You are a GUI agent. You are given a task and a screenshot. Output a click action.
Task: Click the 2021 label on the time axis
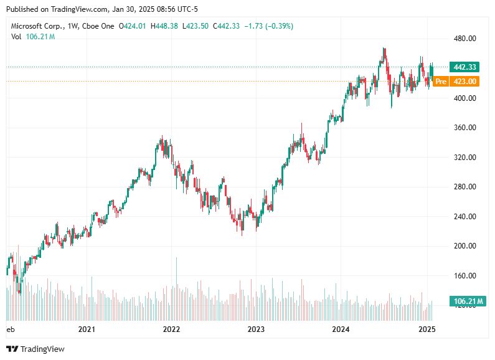tap(87, 328)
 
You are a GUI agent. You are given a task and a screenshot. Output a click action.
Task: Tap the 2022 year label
tap(171, 328)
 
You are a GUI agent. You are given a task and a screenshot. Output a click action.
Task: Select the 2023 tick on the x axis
tap(256, 328)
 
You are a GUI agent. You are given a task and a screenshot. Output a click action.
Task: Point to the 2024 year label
tap(341, 328)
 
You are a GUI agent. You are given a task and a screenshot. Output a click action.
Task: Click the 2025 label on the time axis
tap(426, 328)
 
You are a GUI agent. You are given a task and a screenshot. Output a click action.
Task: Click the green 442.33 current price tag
tap(465, 67)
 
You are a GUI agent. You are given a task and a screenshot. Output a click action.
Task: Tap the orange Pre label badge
tap(441, 82)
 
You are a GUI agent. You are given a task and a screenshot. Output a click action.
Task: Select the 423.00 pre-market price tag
tap(465, 82)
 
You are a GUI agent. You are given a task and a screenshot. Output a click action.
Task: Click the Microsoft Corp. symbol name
tap(38, 26)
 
